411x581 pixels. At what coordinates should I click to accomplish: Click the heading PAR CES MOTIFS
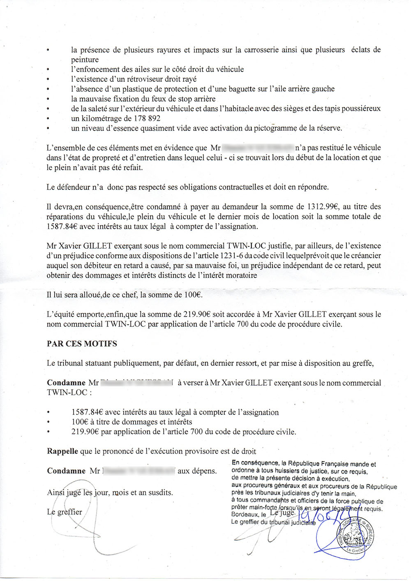82,344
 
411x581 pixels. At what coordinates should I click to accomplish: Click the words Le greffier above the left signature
65,512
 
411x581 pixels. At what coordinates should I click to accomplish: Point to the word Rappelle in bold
62,451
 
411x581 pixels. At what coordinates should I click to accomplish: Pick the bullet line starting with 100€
132,422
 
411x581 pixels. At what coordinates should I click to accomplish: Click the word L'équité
61,315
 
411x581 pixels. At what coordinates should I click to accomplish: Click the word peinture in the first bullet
85,60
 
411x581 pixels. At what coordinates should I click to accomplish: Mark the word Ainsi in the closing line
56,492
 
